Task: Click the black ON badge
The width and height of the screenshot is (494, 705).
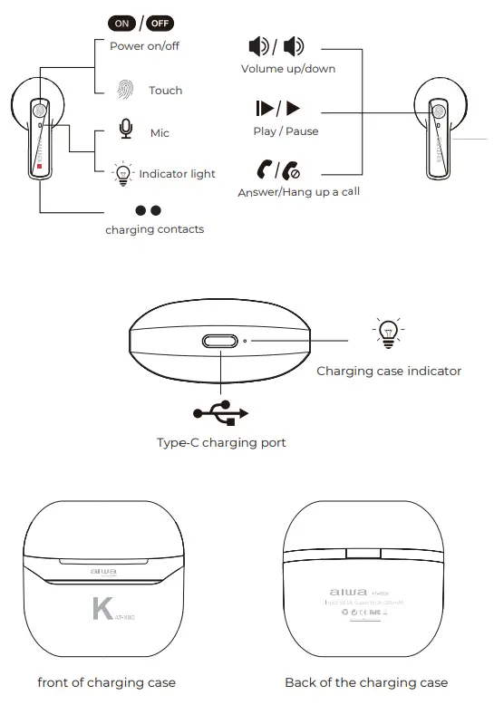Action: pos(121,24)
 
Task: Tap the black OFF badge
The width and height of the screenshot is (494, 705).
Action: pos(160,24)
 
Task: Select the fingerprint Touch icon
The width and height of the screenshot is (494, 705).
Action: pos(125,90)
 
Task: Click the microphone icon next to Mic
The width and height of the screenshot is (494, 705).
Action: pos(125,130)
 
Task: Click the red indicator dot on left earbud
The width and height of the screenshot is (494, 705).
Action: pos(39,166)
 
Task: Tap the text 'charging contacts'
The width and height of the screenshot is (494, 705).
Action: pos(154,229)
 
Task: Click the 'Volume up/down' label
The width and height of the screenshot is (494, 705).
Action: pos(287,69)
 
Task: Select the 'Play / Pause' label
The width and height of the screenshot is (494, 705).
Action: pos(286,131)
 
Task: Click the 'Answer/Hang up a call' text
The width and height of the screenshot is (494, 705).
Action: pos(298,192)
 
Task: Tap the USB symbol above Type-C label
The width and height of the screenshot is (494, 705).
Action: pos(220,413)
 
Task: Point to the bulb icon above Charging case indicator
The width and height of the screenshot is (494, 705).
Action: pos(387,333)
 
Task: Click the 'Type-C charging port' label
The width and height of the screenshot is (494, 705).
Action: pos(221,443)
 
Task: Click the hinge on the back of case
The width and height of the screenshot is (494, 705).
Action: pos(364,552)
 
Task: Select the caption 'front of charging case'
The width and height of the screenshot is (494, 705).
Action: pos(106,682)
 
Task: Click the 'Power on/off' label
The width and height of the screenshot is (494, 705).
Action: pos(144,46)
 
